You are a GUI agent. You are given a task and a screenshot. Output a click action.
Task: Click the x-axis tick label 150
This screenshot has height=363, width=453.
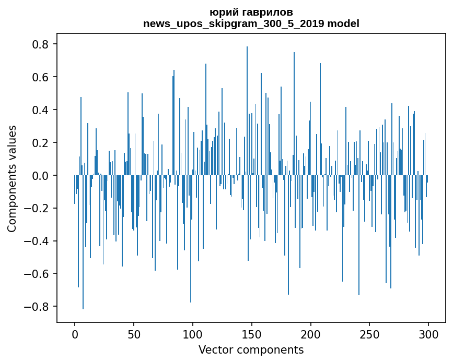pyautogui.click(x=252, y=334)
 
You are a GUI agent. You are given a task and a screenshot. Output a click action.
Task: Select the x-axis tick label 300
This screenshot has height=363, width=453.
pyautogui.click(x=428, y=334)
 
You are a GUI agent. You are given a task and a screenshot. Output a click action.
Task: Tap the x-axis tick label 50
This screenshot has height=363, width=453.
pyautogui.click(x=134, y=334)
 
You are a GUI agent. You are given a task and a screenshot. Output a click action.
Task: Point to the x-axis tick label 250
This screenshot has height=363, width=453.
pyautogui.click(x=369, y=334)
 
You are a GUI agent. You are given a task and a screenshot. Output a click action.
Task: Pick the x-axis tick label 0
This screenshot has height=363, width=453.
pyautogui.click(x=75, y=334)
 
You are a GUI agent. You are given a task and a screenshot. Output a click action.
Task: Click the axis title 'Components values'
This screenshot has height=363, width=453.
pyautogui.click(x=12, y=178)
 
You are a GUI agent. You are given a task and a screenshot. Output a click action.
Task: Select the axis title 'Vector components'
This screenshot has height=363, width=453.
pyautogui.click(x=251, y=349)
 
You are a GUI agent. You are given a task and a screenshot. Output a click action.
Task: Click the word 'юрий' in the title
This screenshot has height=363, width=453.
pyautogui.click(x=222, y=12)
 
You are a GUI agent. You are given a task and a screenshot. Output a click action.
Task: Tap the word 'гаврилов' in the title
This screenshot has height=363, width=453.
pyautogui.click(x=267, y=12)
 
